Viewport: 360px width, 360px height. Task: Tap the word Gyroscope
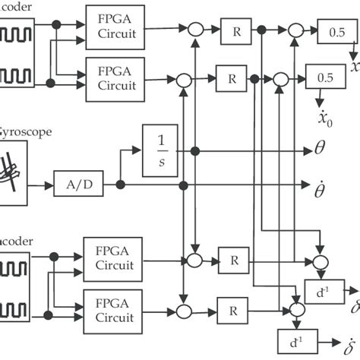(x=26, y=131)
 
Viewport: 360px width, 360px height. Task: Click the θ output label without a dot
(x=319, y=150)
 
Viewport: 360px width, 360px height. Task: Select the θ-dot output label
(x=320, y=185)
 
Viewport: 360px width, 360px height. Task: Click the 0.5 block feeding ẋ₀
(x=325, y=77)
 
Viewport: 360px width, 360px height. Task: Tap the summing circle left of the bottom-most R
(x=183, y=310)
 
